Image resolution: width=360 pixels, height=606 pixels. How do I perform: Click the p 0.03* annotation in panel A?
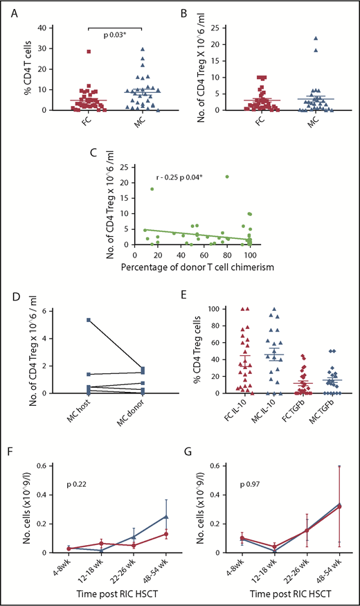[x=114, y=21]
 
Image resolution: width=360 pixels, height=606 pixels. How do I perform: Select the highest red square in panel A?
[x=89, y=51]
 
